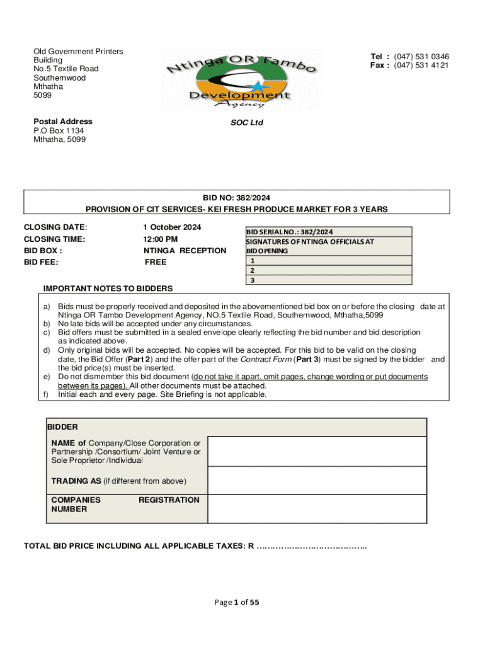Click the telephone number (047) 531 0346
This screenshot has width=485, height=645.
(422, 57)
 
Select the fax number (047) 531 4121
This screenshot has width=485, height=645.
(422, 66)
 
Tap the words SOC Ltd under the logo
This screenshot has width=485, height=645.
(247, 123)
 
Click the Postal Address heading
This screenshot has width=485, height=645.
(62, 122)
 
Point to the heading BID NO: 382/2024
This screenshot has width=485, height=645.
(237, 198)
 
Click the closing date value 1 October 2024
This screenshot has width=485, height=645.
(172, 227)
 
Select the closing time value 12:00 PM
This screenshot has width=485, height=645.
(161, 239)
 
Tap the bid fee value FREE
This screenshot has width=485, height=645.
(155, 262)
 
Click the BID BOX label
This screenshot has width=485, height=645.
(43, 251)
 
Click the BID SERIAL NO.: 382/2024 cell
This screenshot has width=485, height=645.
(290, 232)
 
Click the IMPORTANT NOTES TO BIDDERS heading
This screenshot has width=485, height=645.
(108, 288)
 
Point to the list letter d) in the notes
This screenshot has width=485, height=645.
(47, 350)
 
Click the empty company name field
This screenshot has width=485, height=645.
(317, 451)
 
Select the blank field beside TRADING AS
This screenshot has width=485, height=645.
(317, 481)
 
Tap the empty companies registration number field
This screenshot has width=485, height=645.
(317, 509)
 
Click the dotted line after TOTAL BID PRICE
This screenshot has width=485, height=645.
(312, 546)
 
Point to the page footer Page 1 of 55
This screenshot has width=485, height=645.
(237, 602)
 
